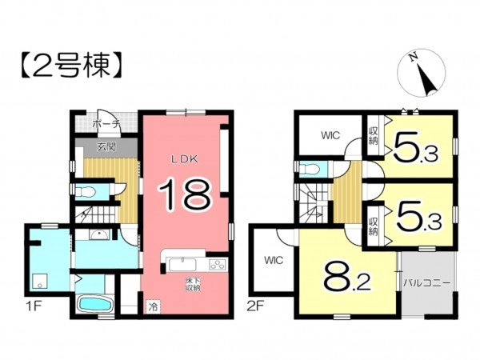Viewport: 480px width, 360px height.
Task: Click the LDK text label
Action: [x=183, y=158]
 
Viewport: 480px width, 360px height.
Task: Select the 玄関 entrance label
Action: [x=106, y=146]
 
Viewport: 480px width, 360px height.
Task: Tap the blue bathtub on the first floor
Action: [x=94, y=306]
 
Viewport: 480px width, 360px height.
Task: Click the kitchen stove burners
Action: [x=218, y=265]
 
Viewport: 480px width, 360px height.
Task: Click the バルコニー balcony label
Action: [x=426, y=282]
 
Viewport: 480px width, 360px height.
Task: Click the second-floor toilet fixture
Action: [x=308, y=167]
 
